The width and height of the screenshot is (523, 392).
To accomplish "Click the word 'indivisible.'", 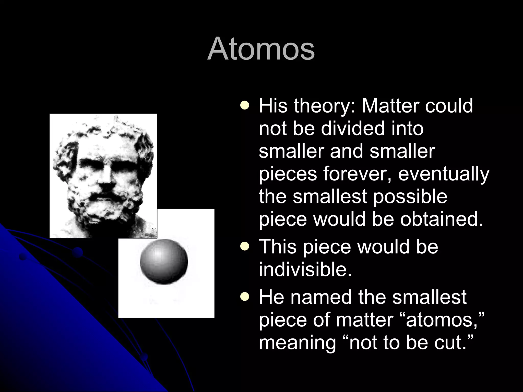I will click(x=305, y=269).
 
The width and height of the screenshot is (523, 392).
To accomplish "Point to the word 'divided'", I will click(x=352, y=128).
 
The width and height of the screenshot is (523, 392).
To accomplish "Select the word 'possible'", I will click(x=410, y=197).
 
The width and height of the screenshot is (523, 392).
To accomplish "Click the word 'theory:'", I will click(x=324, y=106).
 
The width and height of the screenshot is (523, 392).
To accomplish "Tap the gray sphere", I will click(x=164, y=262).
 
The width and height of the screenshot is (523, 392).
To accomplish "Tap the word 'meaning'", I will click(x=298, y=343).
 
